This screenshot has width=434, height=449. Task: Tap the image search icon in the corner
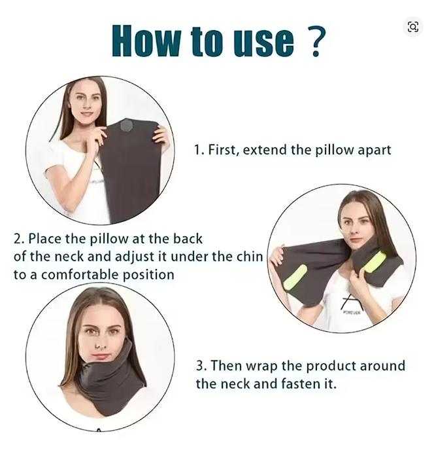click(x=412, y=26)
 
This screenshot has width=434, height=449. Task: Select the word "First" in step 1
click(x=222, y=150)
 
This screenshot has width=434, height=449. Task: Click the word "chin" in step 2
click(x=250, y=257)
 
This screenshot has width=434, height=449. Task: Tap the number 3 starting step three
click(x=200, y=365)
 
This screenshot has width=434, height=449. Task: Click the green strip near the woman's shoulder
click(x=374, y=262)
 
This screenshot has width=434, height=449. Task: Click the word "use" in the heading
click(x=258, y=41)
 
